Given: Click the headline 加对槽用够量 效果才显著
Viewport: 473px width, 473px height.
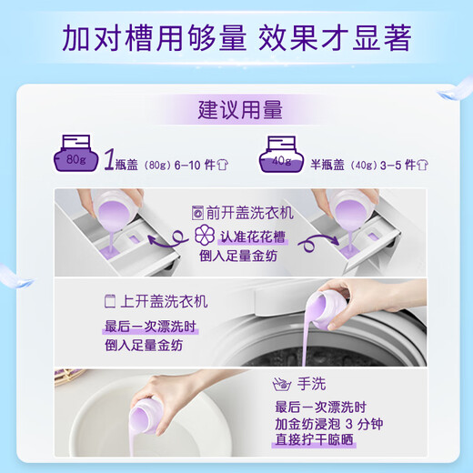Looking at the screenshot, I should click(236, 38).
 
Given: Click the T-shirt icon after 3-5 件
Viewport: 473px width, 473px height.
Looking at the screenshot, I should click(434, 165).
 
